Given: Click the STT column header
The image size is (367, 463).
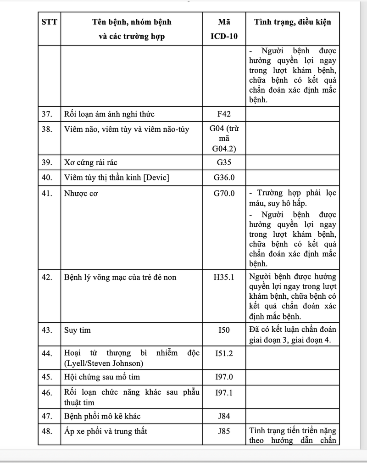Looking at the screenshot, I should [x=49, y=22].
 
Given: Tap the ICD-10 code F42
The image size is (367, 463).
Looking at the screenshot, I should [x=224, y=114].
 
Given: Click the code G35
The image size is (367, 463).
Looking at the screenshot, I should [x=224, y=162].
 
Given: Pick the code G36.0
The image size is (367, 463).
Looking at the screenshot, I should [x=224, y=178].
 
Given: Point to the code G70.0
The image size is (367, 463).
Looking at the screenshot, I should [x=224, y=193].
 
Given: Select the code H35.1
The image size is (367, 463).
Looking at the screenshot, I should [x=224, y=277].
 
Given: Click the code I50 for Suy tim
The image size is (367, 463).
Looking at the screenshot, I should [x=224, y=330].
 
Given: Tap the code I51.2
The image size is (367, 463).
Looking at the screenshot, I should [x=224, y=354].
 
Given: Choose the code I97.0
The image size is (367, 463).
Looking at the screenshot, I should [x=224, y=377].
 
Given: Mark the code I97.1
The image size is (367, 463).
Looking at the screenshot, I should [x=224, y=393].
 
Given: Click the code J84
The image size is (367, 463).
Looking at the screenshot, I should [x=224, y=416].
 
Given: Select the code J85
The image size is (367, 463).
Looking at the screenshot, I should [x=224, y=431].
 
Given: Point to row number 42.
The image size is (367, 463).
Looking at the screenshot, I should [x=47, y=277].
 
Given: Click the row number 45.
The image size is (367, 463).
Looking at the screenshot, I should [x=47, y=377].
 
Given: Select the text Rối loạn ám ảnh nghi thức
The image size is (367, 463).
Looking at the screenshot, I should [x=112, y=114].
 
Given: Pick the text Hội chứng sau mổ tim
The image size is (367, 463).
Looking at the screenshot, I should [x=102, y=377].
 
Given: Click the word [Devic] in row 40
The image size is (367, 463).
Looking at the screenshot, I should [x=156, y=178].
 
